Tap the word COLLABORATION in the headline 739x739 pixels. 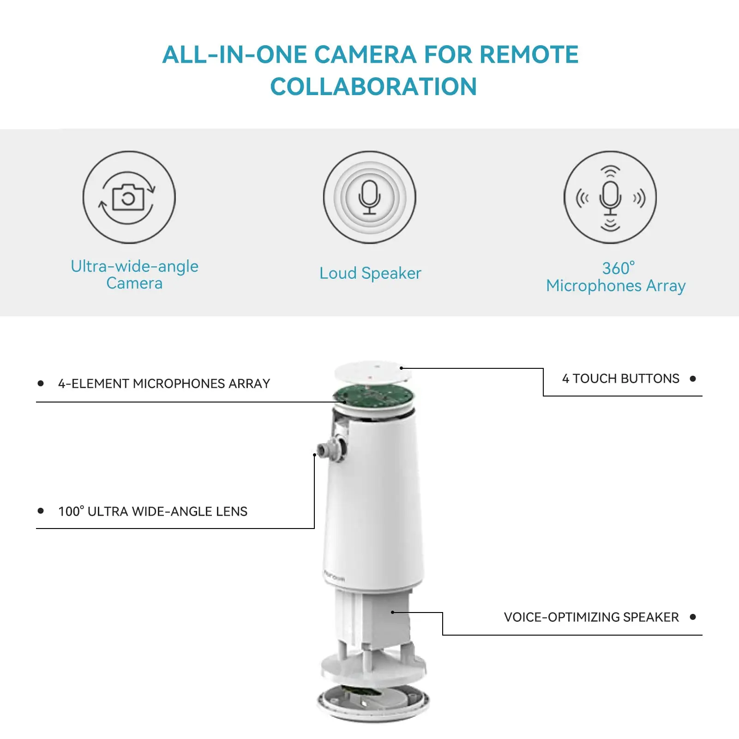(x=373, y=87)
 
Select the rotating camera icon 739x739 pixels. (x=129, y=198)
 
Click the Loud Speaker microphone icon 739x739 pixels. (x=369, y=197)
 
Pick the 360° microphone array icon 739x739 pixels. (x=610, y=198)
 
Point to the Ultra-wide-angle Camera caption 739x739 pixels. (x=134, y=275)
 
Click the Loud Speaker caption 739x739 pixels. (x=370, y=273)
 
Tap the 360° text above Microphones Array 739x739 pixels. (x=618, y=268)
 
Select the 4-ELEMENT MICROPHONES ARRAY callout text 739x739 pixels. (x=164, y=384)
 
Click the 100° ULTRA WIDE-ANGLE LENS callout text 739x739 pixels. (x=153, y=511)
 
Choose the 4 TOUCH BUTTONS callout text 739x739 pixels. (x=620, y=379)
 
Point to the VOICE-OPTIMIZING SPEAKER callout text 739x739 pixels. (x=591, y=617)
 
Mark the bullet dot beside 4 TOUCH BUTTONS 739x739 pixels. (x=692, y=379)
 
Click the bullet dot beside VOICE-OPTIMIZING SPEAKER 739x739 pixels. (x=692, y=617)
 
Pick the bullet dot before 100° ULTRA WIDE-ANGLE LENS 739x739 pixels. (x=41, y=511)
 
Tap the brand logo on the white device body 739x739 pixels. (x=334, y=576)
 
